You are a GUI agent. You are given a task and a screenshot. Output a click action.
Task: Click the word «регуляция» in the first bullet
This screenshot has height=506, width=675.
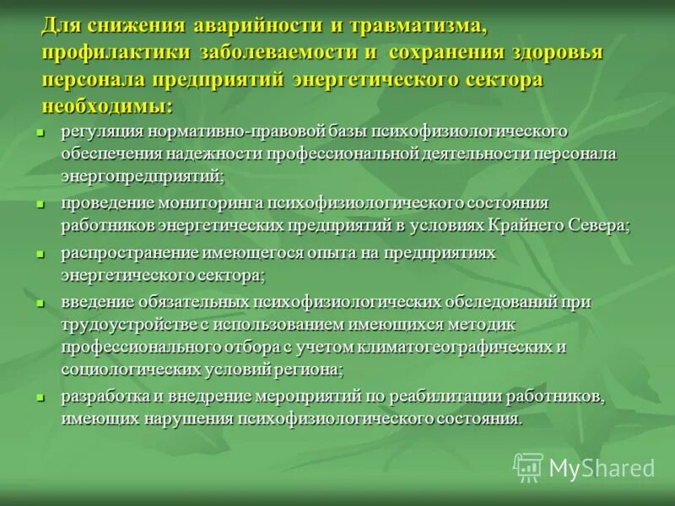[100, 132]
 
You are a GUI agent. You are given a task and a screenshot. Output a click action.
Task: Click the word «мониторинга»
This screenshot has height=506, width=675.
[222, 203]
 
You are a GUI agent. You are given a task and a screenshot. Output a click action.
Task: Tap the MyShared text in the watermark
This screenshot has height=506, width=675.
[602, 468]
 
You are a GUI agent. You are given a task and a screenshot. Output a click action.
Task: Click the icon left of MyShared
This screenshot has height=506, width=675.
[528, 466]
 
